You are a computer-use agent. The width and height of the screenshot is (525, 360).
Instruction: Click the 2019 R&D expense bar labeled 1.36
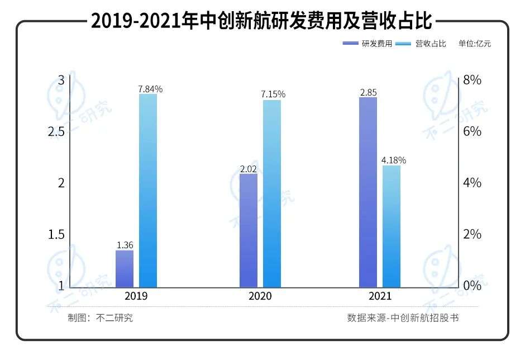coord(125,268)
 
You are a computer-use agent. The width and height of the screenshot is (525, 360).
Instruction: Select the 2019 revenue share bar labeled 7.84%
coord(148,190)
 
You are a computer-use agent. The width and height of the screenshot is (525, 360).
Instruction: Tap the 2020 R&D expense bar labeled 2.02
coord(249,230)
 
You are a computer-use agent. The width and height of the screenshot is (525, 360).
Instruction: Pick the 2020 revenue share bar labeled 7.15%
coord(272,193)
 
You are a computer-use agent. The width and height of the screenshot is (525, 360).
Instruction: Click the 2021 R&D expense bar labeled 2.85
coord(368,192)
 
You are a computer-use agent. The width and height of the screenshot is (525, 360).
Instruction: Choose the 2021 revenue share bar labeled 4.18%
coord(392,226)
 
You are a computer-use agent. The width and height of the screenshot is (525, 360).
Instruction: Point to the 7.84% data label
coord(150,89)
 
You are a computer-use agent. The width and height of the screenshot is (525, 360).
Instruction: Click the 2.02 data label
coord(249,168)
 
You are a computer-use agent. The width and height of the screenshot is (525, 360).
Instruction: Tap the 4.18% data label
coord(394,160)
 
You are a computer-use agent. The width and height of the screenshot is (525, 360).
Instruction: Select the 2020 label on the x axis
coord(260,296)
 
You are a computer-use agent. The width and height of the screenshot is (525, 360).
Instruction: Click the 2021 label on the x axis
coord(380,296)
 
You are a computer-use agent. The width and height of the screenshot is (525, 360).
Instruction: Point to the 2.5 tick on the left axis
coord(56,132)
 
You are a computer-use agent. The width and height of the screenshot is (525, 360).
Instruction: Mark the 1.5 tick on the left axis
coord(56,234)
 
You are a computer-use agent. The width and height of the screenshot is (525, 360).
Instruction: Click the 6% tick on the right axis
coord(472,132)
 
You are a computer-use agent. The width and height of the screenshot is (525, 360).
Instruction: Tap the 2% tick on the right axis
coord(472,234)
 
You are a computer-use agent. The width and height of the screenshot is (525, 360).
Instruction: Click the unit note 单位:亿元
coord(475,44)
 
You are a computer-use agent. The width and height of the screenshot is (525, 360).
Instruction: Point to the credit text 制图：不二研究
coord(101,318)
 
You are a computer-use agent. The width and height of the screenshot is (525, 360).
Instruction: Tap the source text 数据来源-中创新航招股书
coord(403,318)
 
